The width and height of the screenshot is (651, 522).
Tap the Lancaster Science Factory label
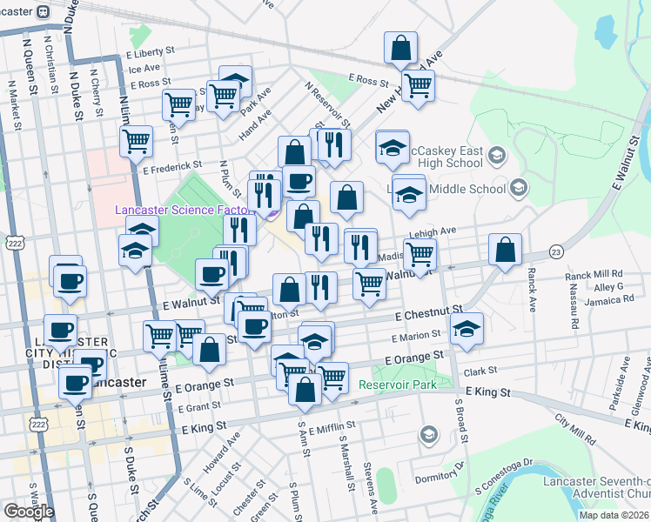178,210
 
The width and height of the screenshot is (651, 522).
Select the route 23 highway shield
554,251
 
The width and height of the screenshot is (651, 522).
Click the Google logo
29,512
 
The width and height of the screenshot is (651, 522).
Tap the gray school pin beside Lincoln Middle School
518,187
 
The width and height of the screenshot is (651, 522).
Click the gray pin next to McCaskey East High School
497,156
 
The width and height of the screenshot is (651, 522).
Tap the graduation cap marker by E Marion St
467,330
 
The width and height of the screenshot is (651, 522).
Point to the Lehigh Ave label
436,231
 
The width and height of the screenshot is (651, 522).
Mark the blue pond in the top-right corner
605,31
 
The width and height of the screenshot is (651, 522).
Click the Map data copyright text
612,515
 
